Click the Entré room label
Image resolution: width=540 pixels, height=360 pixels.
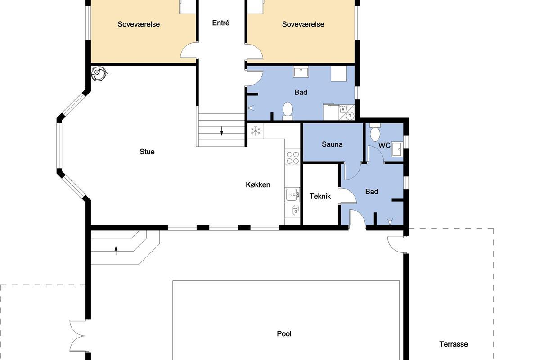coord(220,23)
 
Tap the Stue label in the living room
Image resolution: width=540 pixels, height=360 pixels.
coord(147,152)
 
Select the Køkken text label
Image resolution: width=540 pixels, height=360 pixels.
coord(258,184)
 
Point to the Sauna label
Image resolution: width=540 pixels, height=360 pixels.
coord(332,144)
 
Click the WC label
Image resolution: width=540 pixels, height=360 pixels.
coord(384,145)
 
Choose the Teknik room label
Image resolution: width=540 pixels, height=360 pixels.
coord(320,196)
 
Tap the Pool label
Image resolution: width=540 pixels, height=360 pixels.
coord(284,334)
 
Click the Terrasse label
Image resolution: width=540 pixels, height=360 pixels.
coord(454,344)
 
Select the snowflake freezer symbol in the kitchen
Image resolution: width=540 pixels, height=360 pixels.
coord(256,131)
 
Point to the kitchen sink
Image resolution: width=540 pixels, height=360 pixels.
coord(292,194)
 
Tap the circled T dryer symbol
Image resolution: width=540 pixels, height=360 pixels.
coord(350,116)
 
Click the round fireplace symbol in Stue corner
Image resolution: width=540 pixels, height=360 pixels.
coord(99,73)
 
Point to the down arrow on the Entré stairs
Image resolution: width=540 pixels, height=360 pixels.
coord(222,131)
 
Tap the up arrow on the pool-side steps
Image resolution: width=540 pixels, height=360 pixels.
coord(116,251)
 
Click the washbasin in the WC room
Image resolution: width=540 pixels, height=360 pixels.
coord(397,149)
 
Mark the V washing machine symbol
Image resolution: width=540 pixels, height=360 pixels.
coord(343,109)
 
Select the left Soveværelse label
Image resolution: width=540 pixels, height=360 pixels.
coord(139,24)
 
